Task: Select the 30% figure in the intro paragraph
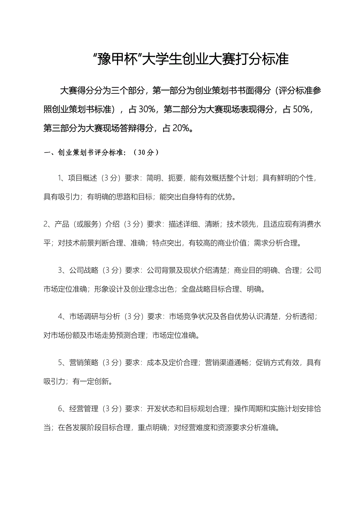147,109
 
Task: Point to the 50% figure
301,109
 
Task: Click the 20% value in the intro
181,128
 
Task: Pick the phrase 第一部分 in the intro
167,91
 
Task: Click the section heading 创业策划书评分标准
90,153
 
